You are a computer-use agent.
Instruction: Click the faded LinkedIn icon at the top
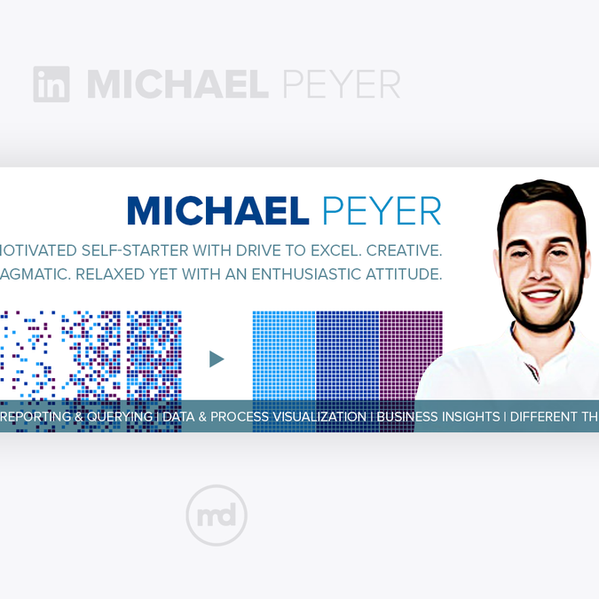coord(51,84)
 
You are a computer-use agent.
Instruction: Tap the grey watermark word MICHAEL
coord(177,84)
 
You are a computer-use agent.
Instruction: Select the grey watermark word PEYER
coord(341,84)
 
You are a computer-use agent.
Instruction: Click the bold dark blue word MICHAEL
coord(218,211)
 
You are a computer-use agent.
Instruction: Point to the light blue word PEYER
coord(382,211)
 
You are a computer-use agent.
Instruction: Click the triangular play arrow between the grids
coord(217,359)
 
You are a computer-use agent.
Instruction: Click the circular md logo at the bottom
coord(217,516)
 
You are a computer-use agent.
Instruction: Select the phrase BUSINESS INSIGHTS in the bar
coord(438,416)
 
